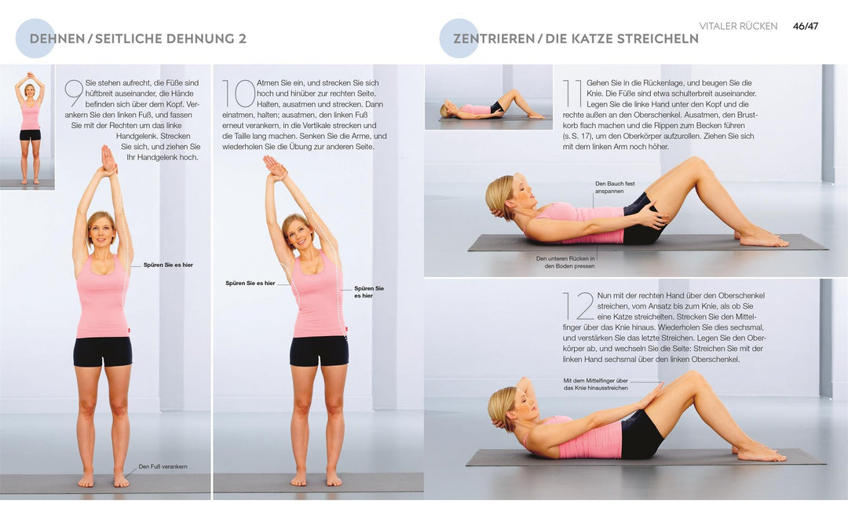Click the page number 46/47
pyautogui.click(x=805, y=26)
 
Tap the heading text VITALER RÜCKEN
pyautogui.click(x=738, y=26)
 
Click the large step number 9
pyautogui.click(x=74, y=93)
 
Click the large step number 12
pyautogui.click(x=578, y=306)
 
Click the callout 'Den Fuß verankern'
pyautogui.click(x=163, y=466)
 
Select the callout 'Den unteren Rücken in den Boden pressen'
pyautogui.click(x=565, y=262)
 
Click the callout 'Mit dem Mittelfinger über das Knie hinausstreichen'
pyautogui.click(x=595, y=384)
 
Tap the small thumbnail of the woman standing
pyautogui.click(x=28, y=127)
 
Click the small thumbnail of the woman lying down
pyautogui.click(x=478, y=97)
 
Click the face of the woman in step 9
pyautogui.click(x=101, y=229)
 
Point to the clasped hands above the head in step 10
pyautogui.click(x=274, y=166)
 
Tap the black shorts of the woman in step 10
pyautogui.click(x=319, y=351)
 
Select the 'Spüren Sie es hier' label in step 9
pyautogui.click(x=168, y=265)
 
